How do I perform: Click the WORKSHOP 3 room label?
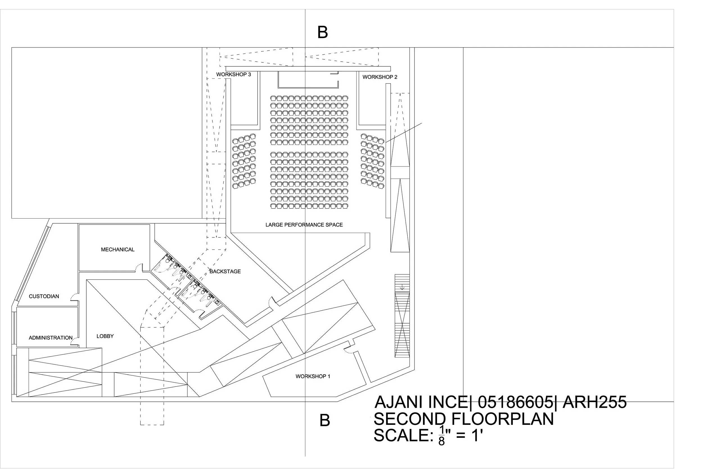point(233,75)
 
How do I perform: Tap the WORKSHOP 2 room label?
point(380,77)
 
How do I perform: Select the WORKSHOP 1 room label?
point(313,376)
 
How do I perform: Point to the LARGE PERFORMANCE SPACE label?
point(304,225)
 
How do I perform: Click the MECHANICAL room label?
point(118,250)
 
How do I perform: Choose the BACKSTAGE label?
point(225,271)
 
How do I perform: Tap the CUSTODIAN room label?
point(44,297)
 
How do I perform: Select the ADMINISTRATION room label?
point(51,338)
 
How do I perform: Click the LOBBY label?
point(105,336)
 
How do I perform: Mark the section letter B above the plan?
point(323,32)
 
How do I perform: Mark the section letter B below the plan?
point(325,421)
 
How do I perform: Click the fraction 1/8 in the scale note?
point(441,436)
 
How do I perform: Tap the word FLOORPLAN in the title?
point(502,419)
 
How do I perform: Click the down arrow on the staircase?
point(402,288)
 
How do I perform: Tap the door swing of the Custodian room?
point(74,297)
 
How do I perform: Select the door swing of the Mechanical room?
point(138,267)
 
